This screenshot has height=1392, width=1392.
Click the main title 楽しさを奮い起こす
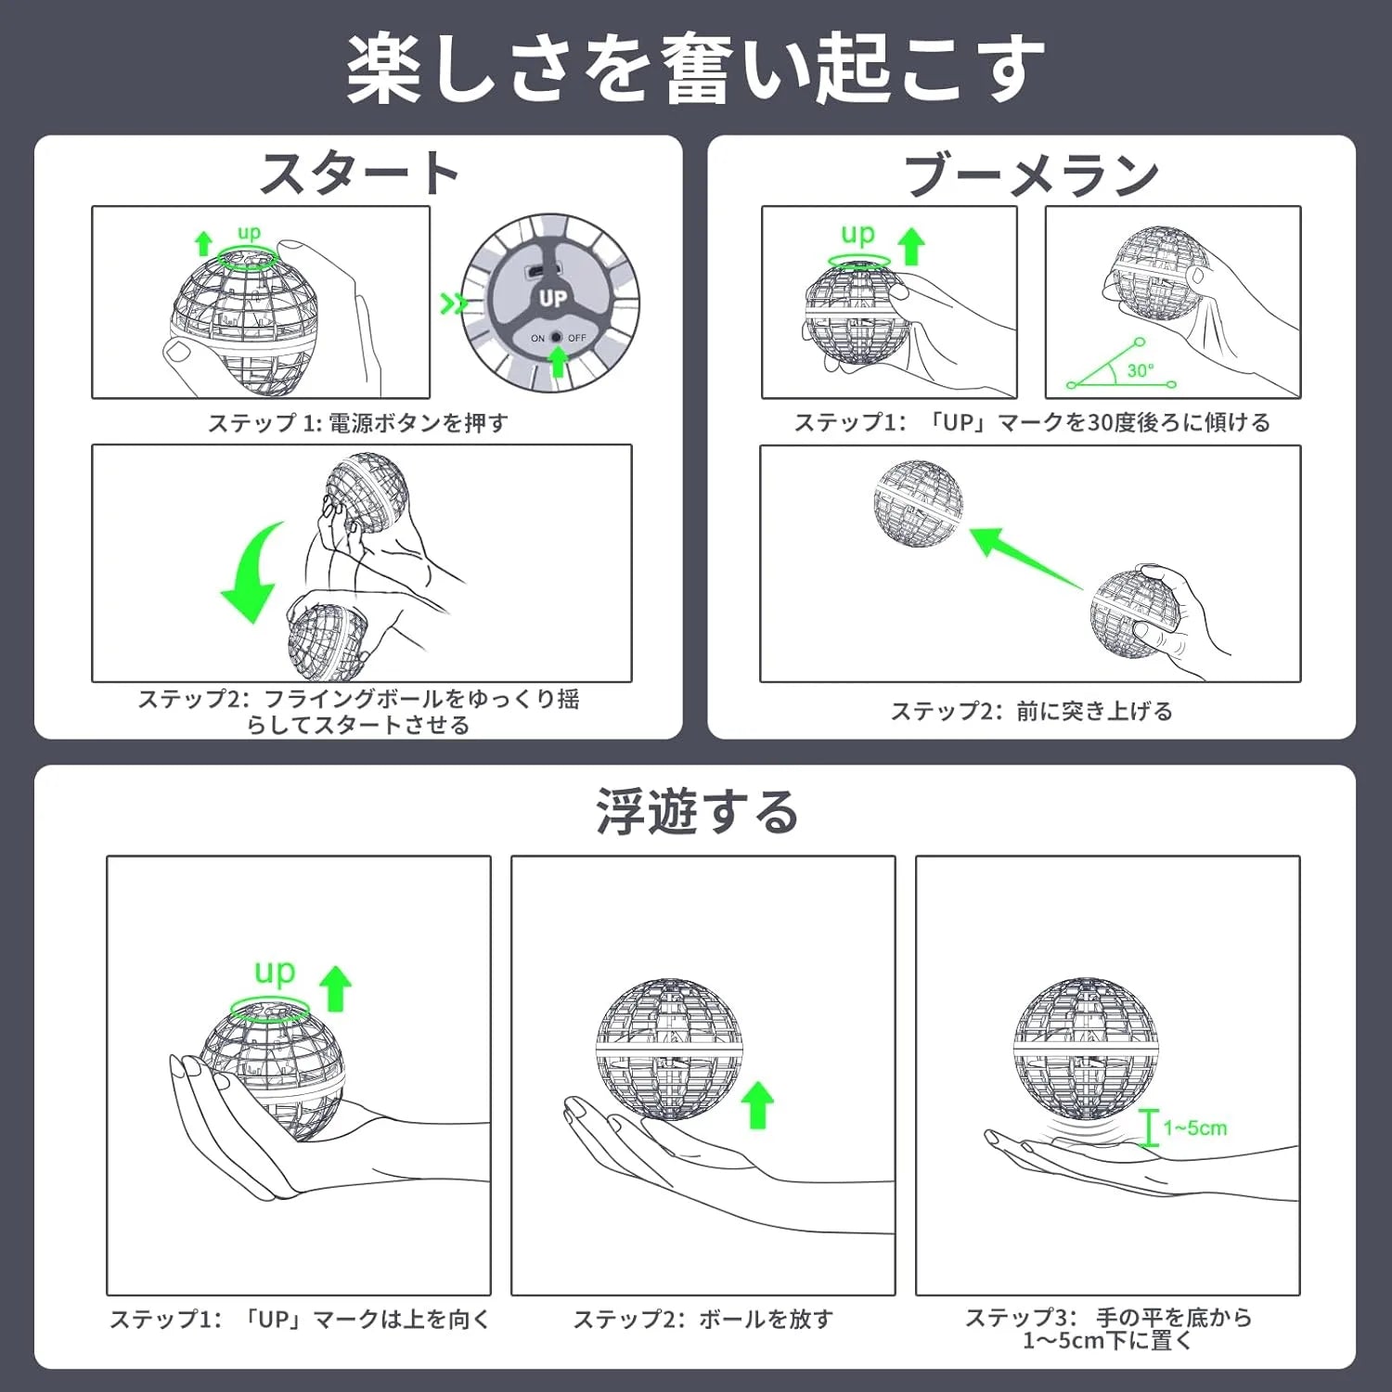click(x=696, y=69)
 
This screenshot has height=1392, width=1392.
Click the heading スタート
click(x=359, y=174)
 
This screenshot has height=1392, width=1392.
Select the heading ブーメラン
click(x=1031, y=174)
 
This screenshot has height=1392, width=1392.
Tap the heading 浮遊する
click(x=696, y=811)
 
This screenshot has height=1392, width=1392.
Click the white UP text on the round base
click(x=552, y=298)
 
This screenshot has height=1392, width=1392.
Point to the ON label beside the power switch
click(x=537, y=339)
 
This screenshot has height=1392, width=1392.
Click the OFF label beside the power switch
click(x=577, y=338)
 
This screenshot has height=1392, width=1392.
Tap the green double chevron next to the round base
click(x=454, y=303)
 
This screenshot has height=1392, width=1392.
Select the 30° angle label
click(x=1141, y=370)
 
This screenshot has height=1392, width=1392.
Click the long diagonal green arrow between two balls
click(x=1025, y=558)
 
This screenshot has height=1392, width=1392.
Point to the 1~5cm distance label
click(x=1195, y=1128)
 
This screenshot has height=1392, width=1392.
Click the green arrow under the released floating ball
click(x=758, y=1104)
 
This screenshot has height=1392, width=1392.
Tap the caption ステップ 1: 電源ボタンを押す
click(x=358, y=423)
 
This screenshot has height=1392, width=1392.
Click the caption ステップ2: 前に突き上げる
click(x=1032, y=711)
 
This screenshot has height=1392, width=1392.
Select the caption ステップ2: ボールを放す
click(x=703, y=1319)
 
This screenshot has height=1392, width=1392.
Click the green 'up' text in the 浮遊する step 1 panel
click(x=275, y=973)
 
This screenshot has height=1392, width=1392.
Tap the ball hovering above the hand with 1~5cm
click(x=1087, y=1049)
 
